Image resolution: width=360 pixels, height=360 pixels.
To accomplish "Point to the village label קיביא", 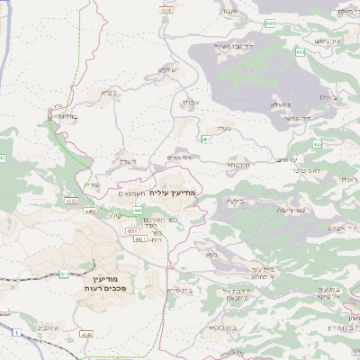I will (x=109, y=92).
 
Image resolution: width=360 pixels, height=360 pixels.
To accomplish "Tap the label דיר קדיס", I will (x=180, y=157).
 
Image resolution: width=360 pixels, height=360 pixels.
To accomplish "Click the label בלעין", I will (x=237, y=201).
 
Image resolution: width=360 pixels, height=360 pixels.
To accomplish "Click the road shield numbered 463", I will (x=206, y=139).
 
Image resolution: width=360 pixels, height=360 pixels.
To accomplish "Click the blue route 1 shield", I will (x=15, y=333).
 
